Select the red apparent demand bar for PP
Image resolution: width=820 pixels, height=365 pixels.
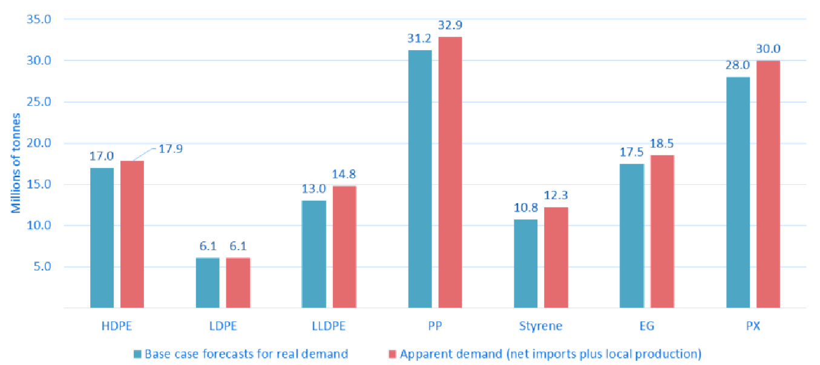click(x=450, y=172)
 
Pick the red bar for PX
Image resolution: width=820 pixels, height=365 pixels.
click(x=768, y=184)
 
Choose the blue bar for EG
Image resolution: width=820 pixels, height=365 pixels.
click(x=632, y=236)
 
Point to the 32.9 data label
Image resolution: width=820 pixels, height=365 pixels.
click(x=450, y=25)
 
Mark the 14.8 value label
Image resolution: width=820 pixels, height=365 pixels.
click(x=344, y=175)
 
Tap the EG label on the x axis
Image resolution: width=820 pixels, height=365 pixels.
click(x=646, y=326)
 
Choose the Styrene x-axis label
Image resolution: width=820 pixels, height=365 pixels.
click(x=540, y=326)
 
